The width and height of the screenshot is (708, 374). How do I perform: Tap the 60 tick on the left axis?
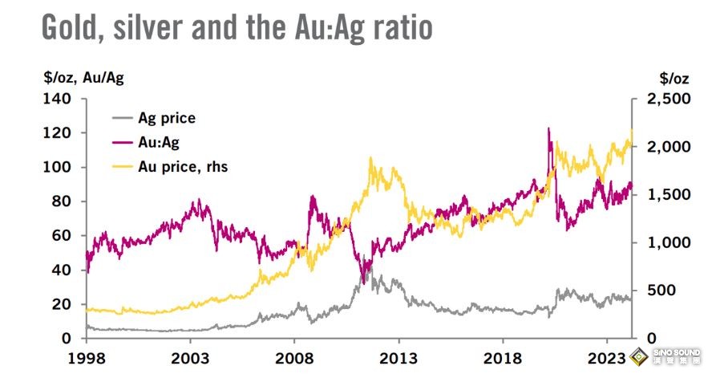pos(63,236)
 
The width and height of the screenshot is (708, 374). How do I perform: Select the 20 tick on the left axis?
pos(63,304)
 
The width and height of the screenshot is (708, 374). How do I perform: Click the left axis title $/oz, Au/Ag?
pos(83,77)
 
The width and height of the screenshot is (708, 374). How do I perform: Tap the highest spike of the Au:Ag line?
pos(548,128)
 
